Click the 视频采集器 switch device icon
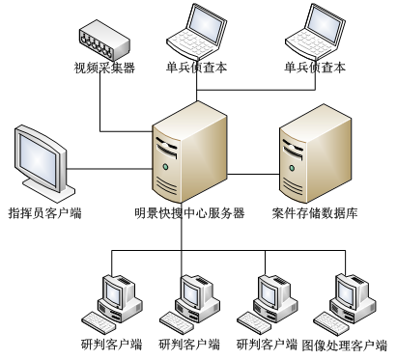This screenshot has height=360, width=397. click(102, 40)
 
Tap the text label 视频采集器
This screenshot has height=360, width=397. click(103, 69)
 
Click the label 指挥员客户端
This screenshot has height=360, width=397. click(44, 211)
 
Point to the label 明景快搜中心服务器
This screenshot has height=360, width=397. click(189, 212)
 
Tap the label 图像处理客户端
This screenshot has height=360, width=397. click(343, 344)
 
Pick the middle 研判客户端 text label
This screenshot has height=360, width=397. click(188, 344)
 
